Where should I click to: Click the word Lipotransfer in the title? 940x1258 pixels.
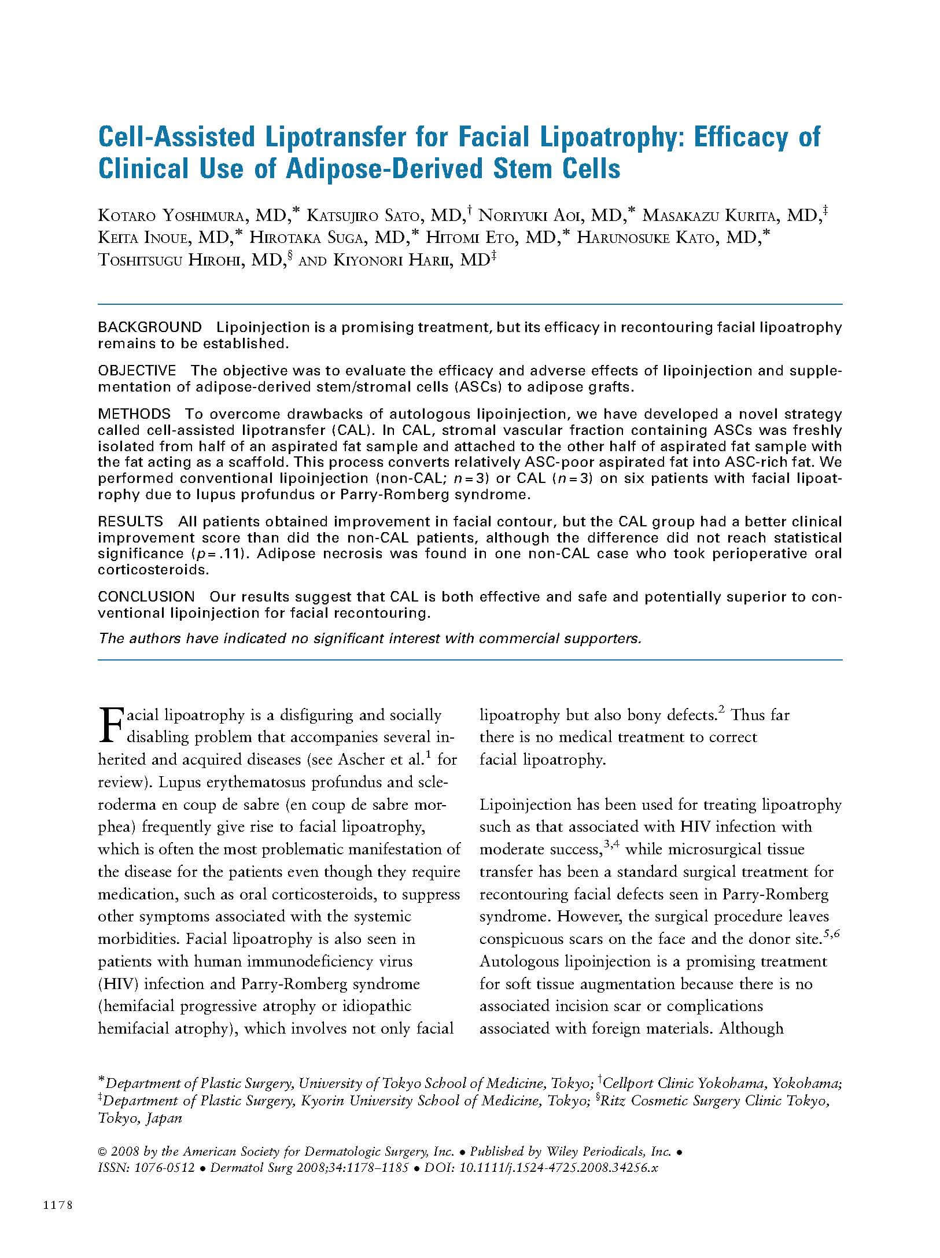[318, 137]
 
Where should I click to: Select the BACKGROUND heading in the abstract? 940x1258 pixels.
[150, 327]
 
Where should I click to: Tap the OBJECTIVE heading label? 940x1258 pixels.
[137, 371]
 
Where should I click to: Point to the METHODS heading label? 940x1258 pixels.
[134, 414]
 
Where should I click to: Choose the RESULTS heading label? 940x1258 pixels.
[130, 522]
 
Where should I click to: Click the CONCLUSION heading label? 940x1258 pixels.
[146, 596]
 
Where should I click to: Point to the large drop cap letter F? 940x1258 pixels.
[110, 726]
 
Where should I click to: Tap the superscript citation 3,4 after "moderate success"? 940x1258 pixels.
[611, 845]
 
